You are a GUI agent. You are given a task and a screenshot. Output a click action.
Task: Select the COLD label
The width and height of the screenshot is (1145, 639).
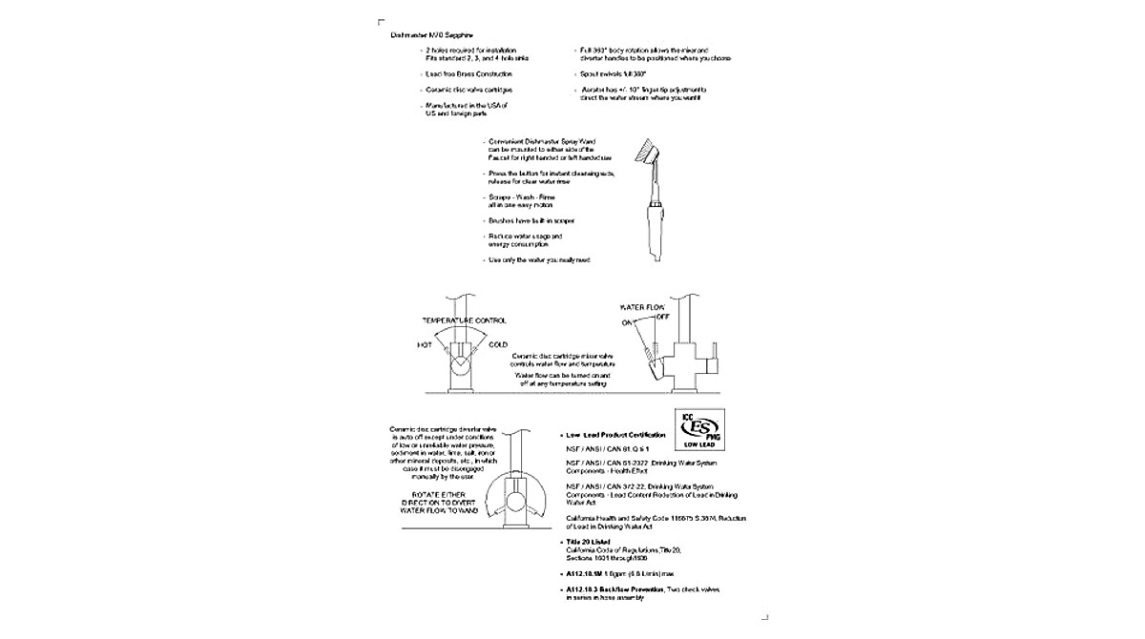[498, 345]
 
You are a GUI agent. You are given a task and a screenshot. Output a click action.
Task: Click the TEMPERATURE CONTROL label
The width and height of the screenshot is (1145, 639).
[464, 320]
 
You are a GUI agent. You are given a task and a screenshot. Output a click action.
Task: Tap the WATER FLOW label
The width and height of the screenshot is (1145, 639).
[641, 308]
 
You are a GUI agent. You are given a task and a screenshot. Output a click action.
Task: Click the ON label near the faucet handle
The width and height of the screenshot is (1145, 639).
[629, 322]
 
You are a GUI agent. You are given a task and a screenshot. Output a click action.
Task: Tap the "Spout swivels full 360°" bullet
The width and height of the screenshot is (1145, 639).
[614, 73]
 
